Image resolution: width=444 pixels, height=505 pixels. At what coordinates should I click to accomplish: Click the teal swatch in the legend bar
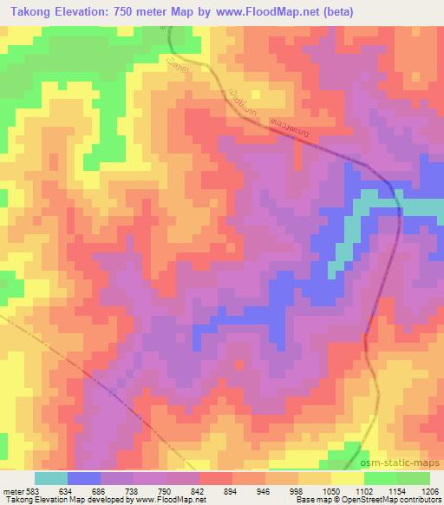point(51,478)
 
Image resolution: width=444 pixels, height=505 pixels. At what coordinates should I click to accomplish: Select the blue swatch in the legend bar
point(84,478)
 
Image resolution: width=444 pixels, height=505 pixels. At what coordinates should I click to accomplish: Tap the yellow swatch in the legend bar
point(347,478)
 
